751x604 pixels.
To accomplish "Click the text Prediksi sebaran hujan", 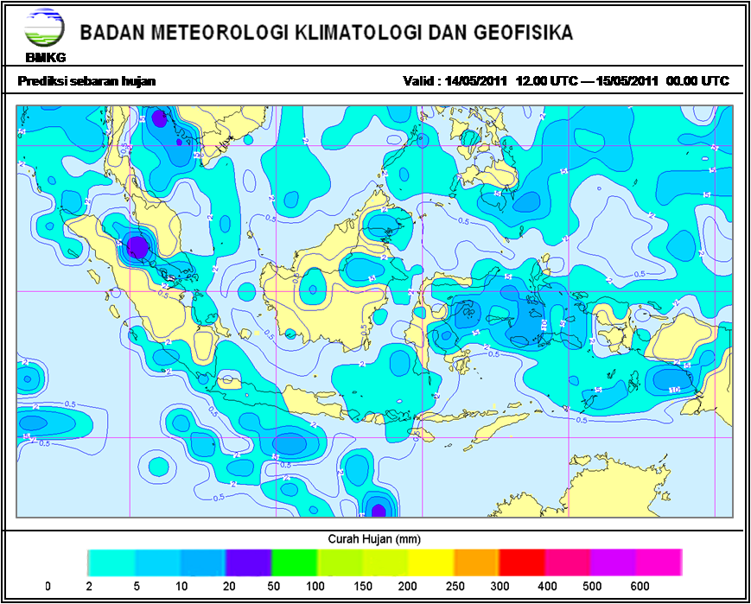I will (86, 81).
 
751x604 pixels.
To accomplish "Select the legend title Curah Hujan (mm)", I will (374, 538).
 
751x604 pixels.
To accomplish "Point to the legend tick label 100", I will (316, 587).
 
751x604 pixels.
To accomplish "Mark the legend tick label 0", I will (48, 587).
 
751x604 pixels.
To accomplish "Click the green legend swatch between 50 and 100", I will (294, 562).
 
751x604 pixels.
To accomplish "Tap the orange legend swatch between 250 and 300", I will (476, 562).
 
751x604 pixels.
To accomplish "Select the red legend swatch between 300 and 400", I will (522, 562).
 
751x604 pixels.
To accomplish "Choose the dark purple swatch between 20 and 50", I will (248, 562).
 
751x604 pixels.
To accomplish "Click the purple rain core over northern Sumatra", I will (137, 247).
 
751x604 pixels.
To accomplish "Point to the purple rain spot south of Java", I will (377, 508).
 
